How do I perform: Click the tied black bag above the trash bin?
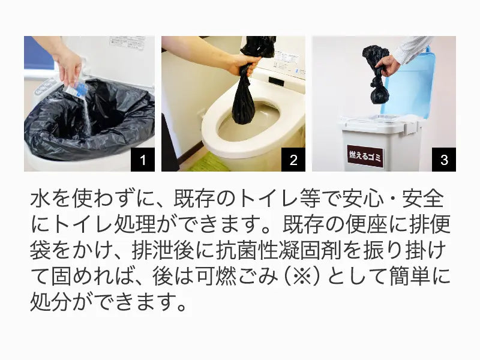pyautogui.click(x=377, y=72)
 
